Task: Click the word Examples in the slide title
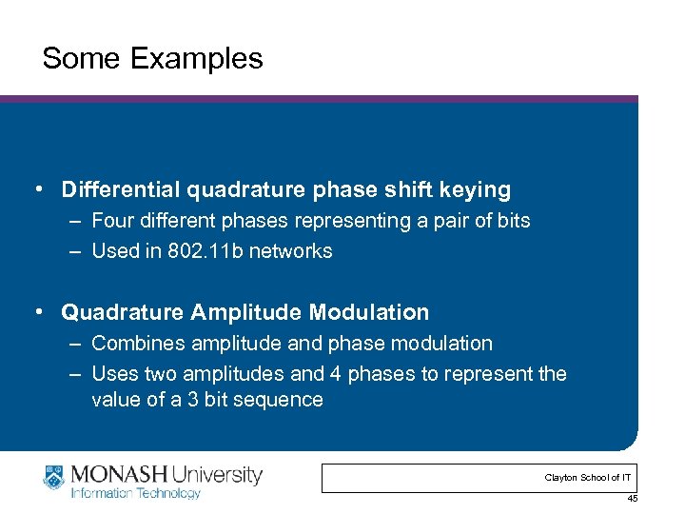[x=196, y=59]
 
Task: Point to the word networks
[x=298, y=251]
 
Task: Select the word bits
[x=511, y=221]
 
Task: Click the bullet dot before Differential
[x=35, y=189]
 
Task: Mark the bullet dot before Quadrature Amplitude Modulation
[x=35, y=312]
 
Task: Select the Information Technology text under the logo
[x=135, y=493]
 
